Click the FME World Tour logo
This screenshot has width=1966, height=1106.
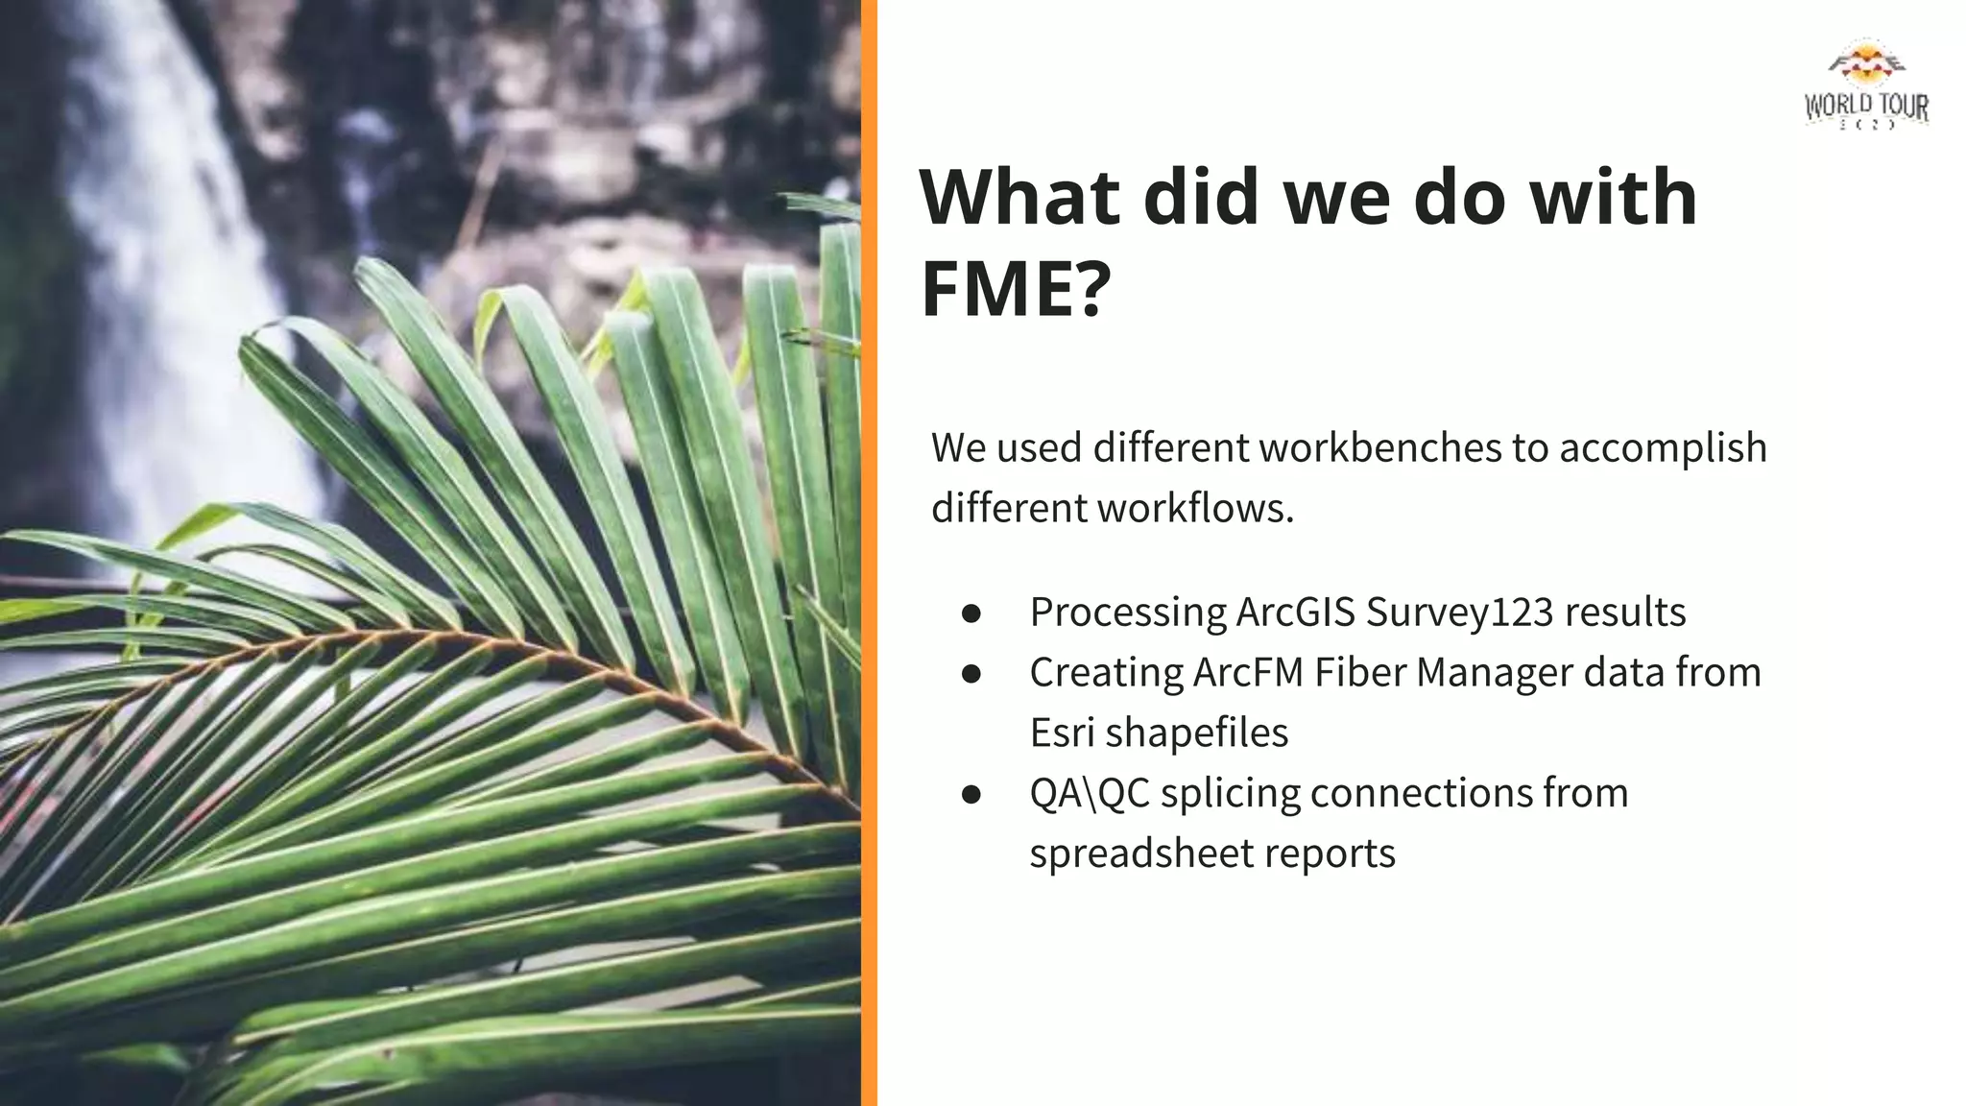pos(1866,86)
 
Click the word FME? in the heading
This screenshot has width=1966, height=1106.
pos(1016,288)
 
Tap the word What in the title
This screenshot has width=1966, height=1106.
pos(1019,197)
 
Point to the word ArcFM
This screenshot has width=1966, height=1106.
pos(1248,672)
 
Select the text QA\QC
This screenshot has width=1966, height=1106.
pos(1090,793)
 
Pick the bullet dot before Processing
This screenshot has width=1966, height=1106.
pos(971,613)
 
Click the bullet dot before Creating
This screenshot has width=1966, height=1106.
pos(971,674)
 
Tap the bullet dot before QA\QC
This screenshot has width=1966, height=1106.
pos(971,795)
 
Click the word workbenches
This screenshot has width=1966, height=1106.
pos(1379,447)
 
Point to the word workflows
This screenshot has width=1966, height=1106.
pos(1195,508)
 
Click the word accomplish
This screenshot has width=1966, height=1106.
pos(1663,447)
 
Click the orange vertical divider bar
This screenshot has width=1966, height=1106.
pos(869,553)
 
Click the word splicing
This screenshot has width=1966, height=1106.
pos(1230,793)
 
